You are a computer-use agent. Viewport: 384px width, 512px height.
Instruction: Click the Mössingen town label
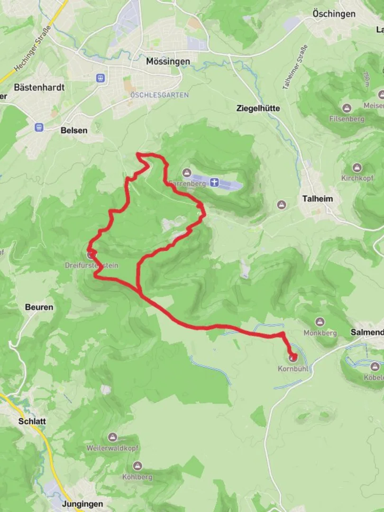tap(168, 61)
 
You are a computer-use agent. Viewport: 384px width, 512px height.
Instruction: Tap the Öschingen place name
tap(334, 14)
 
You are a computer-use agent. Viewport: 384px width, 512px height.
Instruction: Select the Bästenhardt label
tap(39, 87)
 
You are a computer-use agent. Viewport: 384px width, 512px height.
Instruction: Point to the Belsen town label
tap(74, 130)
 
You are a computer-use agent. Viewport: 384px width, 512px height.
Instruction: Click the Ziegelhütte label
tap(258, 108)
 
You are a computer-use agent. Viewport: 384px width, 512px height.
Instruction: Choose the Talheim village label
tap(317, 199)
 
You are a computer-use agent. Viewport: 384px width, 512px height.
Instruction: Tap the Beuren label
tap(39, 307)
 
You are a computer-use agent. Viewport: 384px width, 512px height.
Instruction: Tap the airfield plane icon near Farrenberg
tap(215, 183)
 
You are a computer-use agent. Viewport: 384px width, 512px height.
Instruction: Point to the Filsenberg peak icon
tap(347, 108)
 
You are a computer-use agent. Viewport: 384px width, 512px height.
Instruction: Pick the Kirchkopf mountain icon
tap(357, 168)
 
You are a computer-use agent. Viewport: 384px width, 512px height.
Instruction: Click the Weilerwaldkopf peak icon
tap(112, 437)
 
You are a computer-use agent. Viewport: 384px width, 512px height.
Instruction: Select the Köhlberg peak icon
tap(137, 466)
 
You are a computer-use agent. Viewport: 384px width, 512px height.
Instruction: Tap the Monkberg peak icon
tap(320, 322)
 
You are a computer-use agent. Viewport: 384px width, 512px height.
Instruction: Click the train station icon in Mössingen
tap(100, 78)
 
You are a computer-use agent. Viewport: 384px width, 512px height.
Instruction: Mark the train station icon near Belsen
tap(39, 127)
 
